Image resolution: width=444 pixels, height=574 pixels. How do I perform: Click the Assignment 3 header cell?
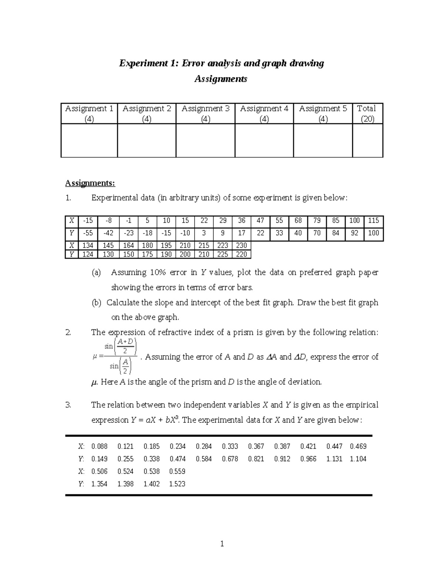point(205,113)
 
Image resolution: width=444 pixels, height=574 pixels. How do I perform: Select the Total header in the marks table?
point(367,113)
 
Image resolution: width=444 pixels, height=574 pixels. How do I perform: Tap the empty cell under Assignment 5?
point(323,140)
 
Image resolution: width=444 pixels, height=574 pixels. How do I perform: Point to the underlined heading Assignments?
point(90,183)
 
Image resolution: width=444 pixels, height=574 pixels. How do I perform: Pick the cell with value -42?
point(108,233)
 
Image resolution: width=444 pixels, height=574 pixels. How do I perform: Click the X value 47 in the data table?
point(260,221)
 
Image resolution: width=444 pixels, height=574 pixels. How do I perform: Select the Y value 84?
point(336,233)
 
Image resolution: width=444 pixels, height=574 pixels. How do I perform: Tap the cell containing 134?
point(88,245)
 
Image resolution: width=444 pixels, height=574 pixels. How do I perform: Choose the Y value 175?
point(147,254)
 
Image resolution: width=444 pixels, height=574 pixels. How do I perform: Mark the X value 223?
point(222,245)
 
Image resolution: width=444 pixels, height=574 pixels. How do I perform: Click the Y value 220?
point(241,254)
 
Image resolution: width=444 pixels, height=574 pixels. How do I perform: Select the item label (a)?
point(96,273)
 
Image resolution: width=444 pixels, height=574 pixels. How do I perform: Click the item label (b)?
point(96,303)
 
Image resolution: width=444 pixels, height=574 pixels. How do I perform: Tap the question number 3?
point(68,405)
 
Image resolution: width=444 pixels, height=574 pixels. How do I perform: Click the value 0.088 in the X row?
point(99,446)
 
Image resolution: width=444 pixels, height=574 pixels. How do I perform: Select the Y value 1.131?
point(334,459)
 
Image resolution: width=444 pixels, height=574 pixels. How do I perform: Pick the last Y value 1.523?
point(177,484)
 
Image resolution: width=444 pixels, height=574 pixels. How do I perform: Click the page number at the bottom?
point(222,544)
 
